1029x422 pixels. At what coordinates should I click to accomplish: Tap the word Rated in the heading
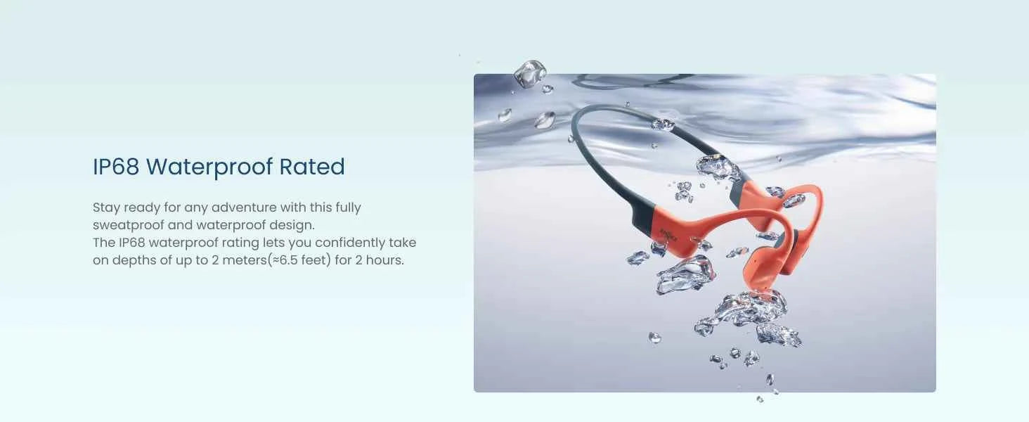(x=312, y=167)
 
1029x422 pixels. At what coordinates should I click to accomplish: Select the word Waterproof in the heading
(x=209, y=167)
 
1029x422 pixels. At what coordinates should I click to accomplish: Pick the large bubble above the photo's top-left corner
(x=529, y=73)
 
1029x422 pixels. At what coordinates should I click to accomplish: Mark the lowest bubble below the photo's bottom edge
(x=760, y=399)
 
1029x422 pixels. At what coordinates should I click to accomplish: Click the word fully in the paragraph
(x=345, y=207)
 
